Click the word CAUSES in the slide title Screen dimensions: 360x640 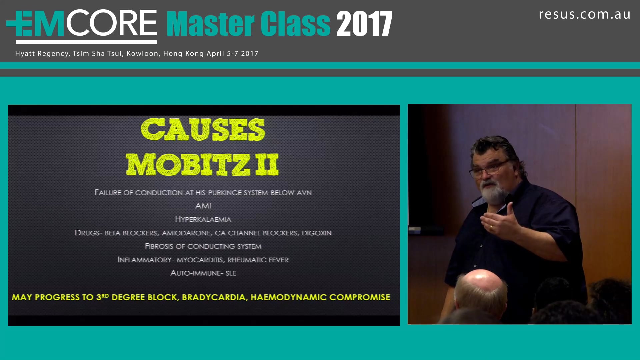pos(203,130)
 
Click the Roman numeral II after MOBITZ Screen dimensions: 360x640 pos(267,165)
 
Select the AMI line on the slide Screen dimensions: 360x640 pos(203,206)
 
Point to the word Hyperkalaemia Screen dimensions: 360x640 pos(203,219)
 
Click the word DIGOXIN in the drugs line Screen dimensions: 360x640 pos(317,233)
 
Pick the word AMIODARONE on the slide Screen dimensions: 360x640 pos(186,233)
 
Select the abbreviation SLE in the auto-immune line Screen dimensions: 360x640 pos(231,273)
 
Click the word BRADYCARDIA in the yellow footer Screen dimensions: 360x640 pos(214,297)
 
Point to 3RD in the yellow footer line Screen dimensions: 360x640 pos(102,297)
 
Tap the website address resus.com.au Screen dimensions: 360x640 pos(584,15)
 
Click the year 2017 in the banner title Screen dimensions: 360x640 pos(364,24)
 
